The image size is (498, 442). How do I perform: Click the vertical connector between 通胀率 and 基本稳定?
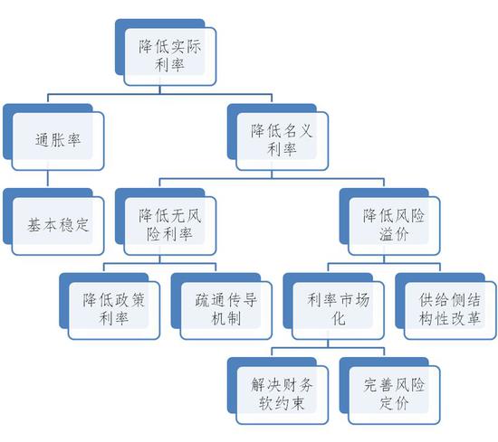pos(48,179)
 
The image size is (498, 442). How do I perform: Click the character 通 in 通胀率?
pos(43,140)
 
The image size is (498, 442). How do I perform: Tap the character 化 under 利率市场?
pos(339,318)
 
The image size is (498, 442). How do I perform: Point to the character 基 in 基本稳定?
pos(34,225)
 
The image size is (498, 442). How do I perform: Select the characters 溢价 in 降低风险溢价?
pos(394,234)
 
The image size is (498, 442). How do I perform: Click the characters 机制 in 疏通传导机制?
pos(225,318)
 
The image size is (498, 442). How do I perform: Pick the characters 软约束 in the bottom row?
pos(282,403)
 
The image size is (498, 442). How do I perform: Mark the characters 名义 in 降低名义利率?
pos(297,131)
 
